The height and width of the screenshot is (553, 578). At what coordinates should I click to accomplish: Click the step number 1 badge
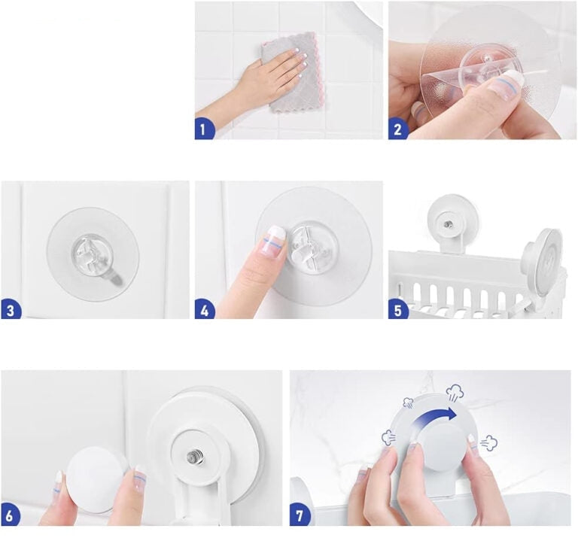pyautogui.click(x=203, y=129)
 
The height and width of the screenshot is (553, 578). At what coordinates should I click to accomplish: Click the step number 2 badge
pyautogui.click(x=397, y=129)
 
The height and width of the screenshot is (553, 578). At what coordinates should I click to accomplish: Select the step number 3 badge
pyautogui.click(x=11, y=309)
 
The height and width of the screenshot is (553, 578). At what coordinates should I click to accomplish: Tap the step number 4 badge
pyautogui.click(x=204, y=309)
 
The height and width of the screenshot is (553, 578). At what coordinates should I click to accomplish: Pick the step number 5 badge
pyautogui.click(x=397, y=309)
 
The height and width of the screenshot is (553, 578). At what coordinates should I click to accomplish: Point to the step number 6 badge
pyautogui.click(x=10, y=515)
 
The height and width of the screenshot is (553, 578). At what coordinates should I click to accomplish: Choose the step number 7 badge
pyautogui.click(x=299, y=515)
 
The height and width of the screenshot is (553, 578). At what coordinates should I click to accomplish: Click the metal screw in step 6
pyautogui.click(x=193, y=457)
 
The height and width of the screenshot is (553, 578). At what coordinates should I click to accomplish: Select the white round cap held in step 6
pyautogui.click(x=95, y=480)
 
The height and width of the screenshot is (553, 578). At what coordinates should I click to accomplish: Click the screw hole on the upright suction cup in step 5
pyautogui.click(x=448, y=223)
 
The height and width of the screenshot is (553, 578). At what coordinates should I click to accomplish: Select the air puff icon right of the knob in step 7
pyautogui.click(x=488, y=442)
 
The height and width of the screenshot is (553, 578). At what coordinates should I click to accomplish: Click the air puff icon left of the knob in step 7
pyautogui.click(x=388, y=437)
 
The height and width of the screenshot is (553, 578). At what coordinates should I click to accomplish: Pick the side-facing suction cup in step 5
pyautogui.click(x=543, y=263)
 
